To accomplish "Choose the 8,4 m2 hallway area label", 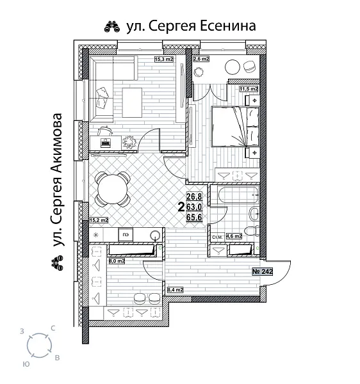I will [x=174, y=290].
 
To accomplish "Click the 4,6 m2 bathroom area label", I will [x=234, y=237].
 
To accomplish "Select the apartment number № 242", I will [x=264, y=271].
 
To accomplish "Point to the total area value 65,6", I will [x=194, y=217].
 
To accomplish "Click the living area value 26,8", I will [x=194, y=196].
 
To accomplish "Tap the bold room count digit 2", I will [x=181, y=207].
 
